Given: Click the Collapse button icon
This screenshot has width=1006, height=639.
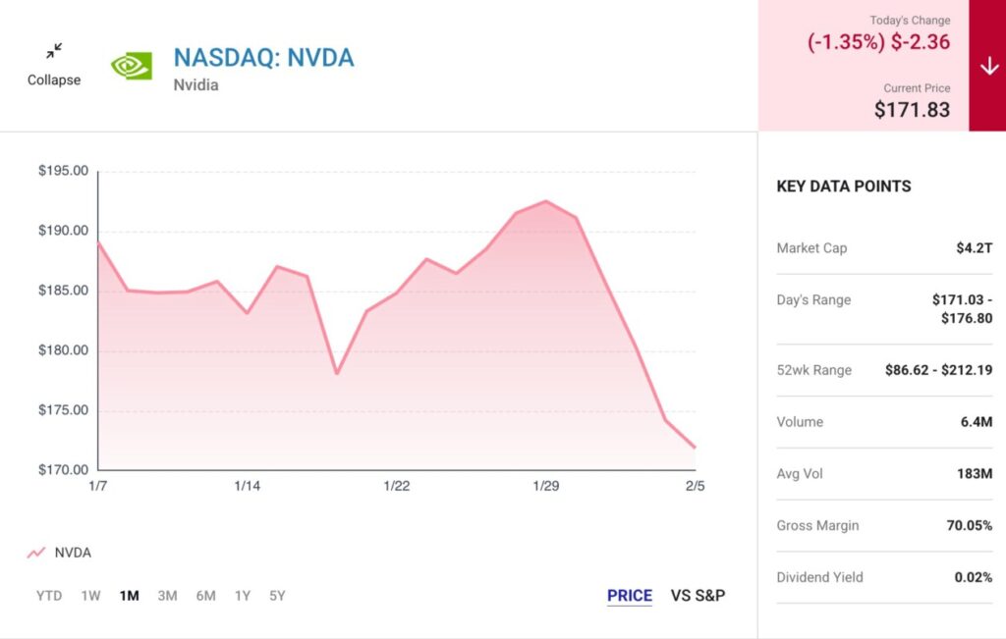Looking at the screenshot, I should (x=54, y=51).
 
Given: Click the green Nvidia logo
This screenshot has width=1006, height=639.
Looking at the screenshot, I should (x=131, y=66).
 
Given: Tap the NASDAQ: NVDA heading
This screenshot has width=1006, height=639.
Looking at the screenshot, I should (x=263, y=57).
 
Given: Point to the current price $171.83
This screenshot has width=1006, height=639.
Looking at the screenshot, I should (x=912, y=109).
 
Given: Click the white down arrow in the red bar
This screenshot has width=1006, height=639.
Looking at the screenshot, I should (x=988, y=66).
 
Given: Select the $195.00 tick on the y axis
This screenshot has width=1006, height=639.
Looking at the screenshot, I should (x=63, y=171).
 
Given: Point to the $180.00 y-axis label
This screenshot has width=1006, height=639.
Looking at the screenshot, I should (x=63, y=350).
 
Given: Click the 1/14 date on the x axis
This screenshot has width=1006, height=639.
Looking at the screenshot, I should (x=247, y=486).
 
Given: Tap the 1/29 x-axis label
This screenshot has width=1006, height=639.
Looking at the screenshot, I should (x=545, y=486).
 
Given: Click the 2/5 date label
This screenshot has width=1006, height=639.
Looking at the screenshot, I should (x=695, y=486).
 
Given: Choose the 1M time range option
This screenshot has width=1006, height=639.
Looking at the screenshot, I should (x=129, y=595).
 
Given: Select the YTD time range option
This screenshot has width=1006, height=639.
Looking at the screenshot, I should (x=49, y=595).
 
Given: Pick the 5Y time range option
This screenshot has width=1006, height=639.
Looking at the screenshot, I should (x=277, y=595).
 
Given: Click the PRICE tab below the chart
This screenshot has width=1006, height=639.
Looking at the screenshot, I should (x=629, y=596).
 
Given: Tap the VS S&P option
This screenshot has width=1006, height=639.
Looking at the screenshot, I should (x=698, y=596).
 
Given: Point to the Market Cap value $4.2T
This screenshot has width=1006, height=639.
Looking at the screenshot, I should (x=974, y=247).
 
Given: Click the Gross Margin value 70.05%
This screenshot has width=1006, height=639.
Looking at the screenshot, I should (x=969, y=525).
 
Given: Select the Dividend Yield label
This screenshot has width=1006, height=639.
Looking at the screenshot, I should (x=819, y=577).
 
